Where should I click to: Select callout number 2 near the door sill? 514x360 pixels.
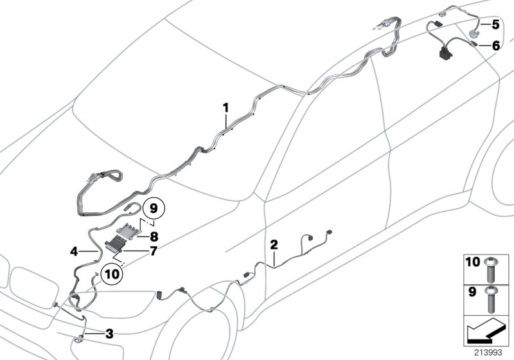click(x=274, y=244)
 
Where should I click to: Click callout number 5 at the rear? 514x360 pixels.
click(x=495, y=25)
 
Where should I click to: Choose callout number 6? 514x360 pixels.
click(x=495, y=46)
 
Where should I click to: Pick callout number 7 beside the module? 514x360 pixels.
click(x=153, y=250)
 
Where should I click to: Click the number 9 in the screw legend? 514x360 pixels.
click(x=473, y=291)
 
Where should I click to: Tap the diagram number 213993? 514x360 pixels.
click(x=486, y=352)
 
